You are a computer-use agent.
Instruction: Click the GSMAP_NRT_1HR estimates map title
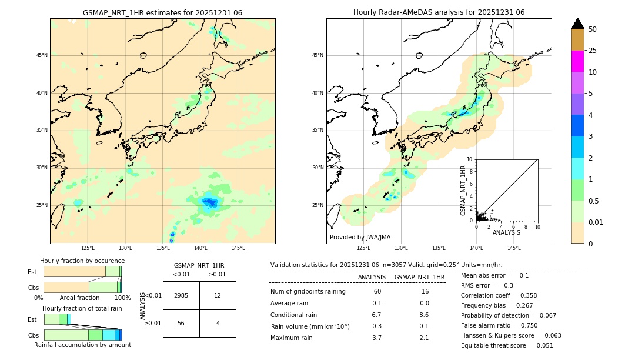click(x=162, y=12)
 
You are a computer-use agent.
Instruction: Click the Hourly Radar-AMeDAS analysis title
click(x=439, y=12)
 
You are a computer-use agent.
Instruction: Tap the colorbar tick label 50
click(x=593, y=29)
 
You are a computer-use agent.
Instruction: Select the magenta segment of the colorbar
click(x=577, y=61)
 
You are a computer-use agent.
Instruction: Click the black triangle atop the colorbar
click(x=577, y=24)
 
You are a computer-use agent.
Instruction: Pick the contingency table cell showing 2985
click(x=181, y=295)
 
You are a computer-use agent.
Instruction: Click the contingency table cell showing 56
click(x=181, y=323)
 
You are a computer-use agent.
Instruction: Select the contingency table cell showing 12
click(x=218, y=295)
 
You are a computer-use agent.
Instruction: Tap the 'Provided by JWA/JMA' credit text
click(x=360, y=238)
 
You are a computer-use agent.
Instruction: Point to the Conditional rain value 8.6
click(x=424, y=315)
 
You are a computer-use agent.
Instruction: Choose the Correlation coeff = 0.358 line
click(x=499, y=295)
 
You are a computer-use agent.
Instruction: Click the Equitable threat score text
click(x=507, y=345)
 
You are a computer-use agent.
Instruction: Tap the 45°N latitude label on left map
click(x=42, y=55)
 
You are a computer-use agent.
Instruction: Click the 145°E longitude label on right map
click(x=514, y=248)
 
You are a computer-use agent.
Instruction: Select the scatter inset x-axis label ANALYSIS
click(x=506, y=232)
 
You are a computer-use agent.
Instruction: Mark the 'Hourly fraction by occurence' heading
click(x=82, y=261)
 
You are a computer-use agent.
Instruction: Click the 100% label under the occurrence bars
click(x=122, y=298)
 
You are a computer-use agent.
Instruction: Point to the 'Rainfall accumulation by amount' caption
click(x=82, y=345)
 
